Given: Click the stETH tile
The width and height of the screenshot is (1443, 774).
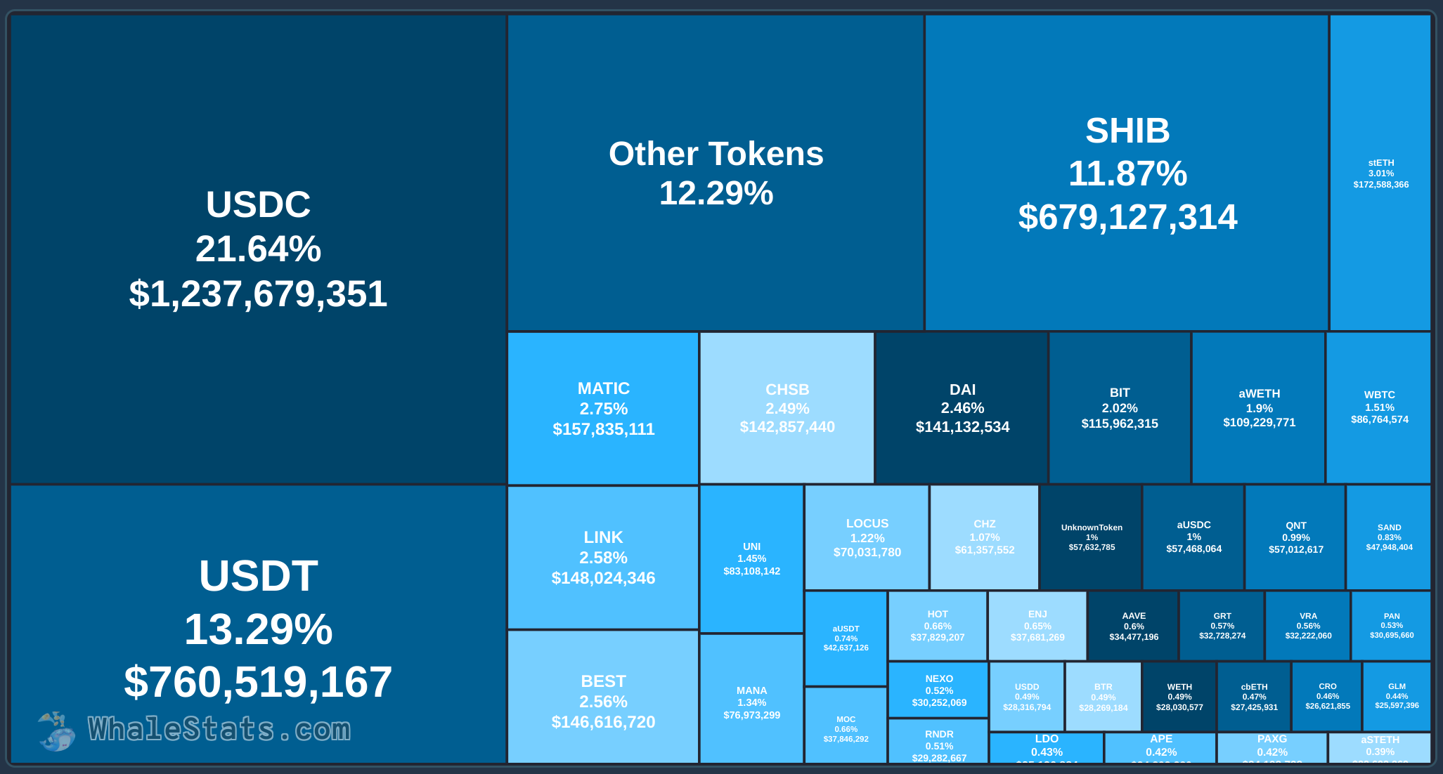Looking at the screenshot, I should (1380, 173).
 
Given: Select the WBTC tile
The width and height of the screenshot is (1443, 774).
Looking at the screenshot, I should (1378, 407).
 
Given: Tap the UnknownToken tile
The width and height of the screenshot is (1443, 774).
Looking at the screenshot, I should (1091, 537).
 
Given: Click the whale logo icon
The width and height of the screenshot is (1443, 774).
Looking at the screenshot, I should (56, 731).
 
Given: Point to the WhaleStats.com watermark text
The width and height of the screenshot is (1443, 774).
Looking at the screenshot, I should (219, 730).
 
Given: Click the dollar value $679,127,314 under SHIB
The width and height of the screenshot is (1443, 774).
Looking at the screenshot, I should (1127, 217).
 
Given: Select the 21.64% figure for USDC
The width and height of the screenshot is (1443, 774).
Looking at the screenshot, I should (258, 249).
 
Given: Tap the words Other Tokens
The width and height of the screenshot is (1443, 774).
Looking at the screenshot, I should (716, 154).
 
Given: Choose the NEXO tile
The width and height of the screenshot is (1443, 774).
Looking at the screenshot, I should (938, 690).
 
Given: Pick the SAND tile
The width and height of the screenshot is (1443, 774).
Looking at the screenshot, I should (1389, 537).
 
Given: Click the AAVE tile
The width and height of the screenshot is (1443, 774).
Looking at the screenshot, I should (1133, 626).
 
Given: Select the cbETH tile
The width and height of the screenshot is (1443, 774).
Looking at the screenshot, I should (1254, 697).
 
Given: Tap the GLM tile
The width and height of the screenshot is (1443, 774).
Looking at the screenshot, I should (1397, 696).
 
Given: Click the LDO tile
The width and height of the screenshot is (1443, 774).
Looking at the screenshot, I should (1047, 747).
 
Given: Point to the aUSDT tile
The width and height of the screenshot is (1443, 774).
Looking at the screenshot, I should (846, 638).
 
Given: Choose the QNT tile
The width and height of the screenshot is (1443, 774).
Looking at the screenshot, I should (1295, 537).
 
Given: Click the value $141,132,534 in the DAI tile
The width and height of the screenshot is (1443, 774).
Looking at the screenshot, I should (962, 427).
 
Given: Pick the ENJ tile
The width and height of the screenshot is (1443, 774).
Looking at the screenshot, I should (1037, 626).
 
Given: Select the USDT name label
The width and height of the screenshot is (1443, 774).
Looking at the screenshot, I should (258, 576).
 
